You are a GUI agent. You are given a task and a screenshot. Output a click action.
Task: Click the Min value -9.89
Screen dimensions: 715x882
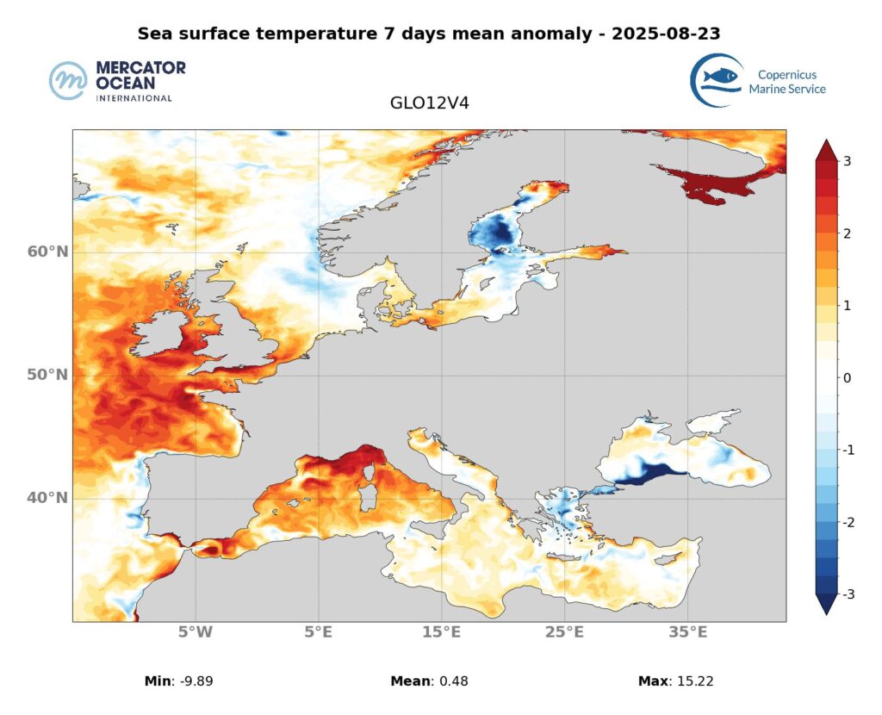point(195,681)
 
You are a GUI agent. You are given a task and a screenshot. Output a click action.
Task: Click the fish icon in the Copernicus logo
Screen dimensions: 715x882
point(720,78)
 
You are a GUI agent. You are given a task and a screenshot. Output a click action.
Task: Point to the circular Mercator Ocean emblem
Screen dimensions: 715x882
point(69,82)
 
